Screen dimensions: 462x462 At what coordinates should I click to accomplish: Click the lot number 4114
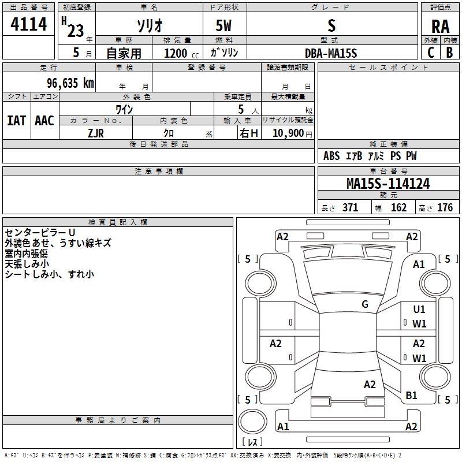[29, 24]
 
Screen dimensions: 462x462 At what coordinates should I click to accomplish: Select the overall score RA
[440, 27]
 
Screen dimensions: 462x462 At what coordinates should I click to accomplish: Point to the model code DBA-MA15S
[331, 53]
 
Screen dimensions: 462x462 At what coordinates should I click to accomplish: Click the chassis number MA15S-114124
[388, 184]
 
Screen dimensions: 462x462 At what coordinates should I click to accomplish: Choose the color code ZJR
[96, 132]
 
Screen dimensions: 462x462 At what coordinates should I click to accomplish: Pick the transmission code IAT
[16, 121]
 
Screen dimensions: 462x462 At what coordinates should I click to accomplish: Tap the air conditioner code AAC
[44, 121]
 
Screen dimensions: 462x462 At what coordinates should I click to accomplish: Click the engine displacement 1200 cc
[180, 53]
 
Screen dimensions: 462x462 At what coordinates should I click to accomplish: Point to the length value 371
[350, 208]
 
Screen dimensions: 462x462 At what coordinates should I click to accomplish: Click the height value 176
[445, 208]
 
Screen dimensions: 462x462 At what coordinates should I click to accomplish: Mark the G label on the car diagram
[365, 304]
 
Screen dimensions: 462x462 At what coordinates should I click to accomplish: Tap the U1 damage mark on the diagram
[419, 310]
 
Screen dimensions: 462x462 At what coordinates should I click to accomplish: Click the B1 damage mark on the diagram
[412, 396]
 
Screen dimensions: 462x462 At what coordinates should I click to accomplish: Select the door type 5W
[224, 26]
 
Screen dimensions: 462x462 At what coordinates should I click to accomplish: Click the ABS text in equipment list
[331, 156]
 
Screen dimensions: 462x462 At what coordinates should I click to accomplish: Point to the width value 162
[398, 208]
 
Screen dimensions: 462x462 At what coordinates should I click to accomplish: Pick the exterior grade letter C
[431, 53]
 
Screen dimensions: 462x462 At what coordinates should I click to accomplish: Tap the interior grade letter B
[449, 53]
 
